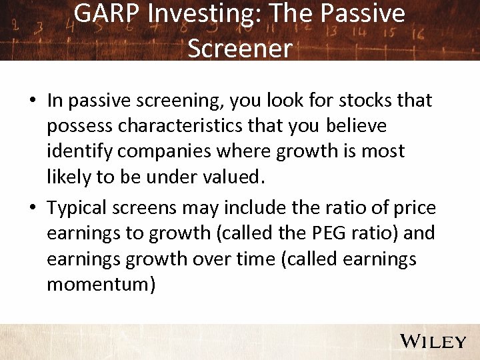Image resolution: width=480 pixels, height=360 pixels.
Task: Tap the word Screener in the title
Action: coord(239,47)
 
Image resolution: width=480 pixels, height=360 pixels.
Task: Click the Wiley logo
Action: coord(433,342)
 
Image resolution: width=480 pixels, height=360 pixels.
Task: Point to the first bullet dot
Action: coord(32,101)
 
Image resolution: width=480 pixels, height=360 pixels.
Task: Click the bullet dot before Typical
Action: coord(32,209)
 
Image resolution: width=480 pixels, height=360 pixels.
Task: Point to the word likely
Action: coord(69,177)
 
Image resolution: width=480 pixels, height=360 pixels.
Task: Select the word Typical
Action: coord(81,209)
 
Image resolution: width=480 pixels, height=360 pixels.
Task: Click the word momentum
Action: coord(101,285)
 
